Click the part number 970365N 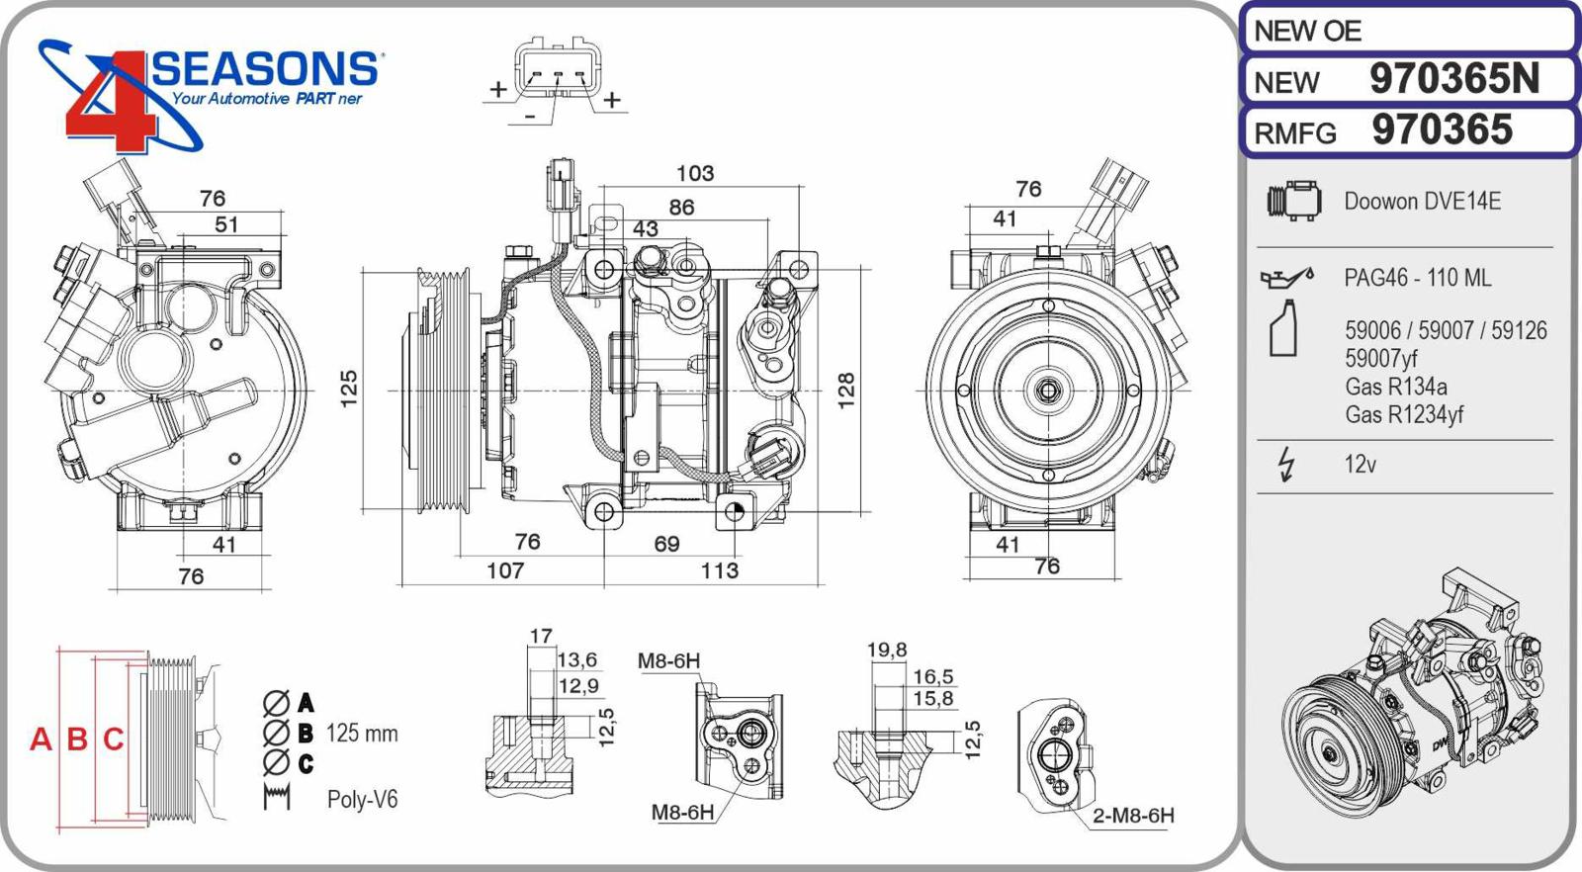pos(1453,79)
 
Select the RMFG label pos(1294,133)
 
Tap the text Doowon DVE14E pos(1422,202)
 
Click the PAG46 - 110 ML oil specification pos(1417,278)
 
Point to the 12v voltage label pos(1360,464)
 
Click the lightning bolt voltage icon pos(1285,464)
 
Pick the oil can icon pos(1286,278)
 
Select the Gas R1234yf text pos(1403,414)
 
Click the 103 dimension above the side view pos(694,173)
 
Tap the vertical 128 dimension pos(846,390)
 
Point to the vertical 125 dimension pos(348,389)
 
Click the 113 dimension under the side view pos(719,570)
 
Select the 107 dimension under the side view pos(505,570)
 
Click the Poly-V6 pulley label pos(362,799)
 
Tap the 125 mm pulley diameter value pos(362,734)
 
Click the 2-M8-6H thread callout pos(1133,816)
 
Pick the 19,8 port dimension pos(886,650)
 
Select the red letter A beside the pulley pos(41,739)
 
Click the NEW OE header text pos(1307,32)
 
